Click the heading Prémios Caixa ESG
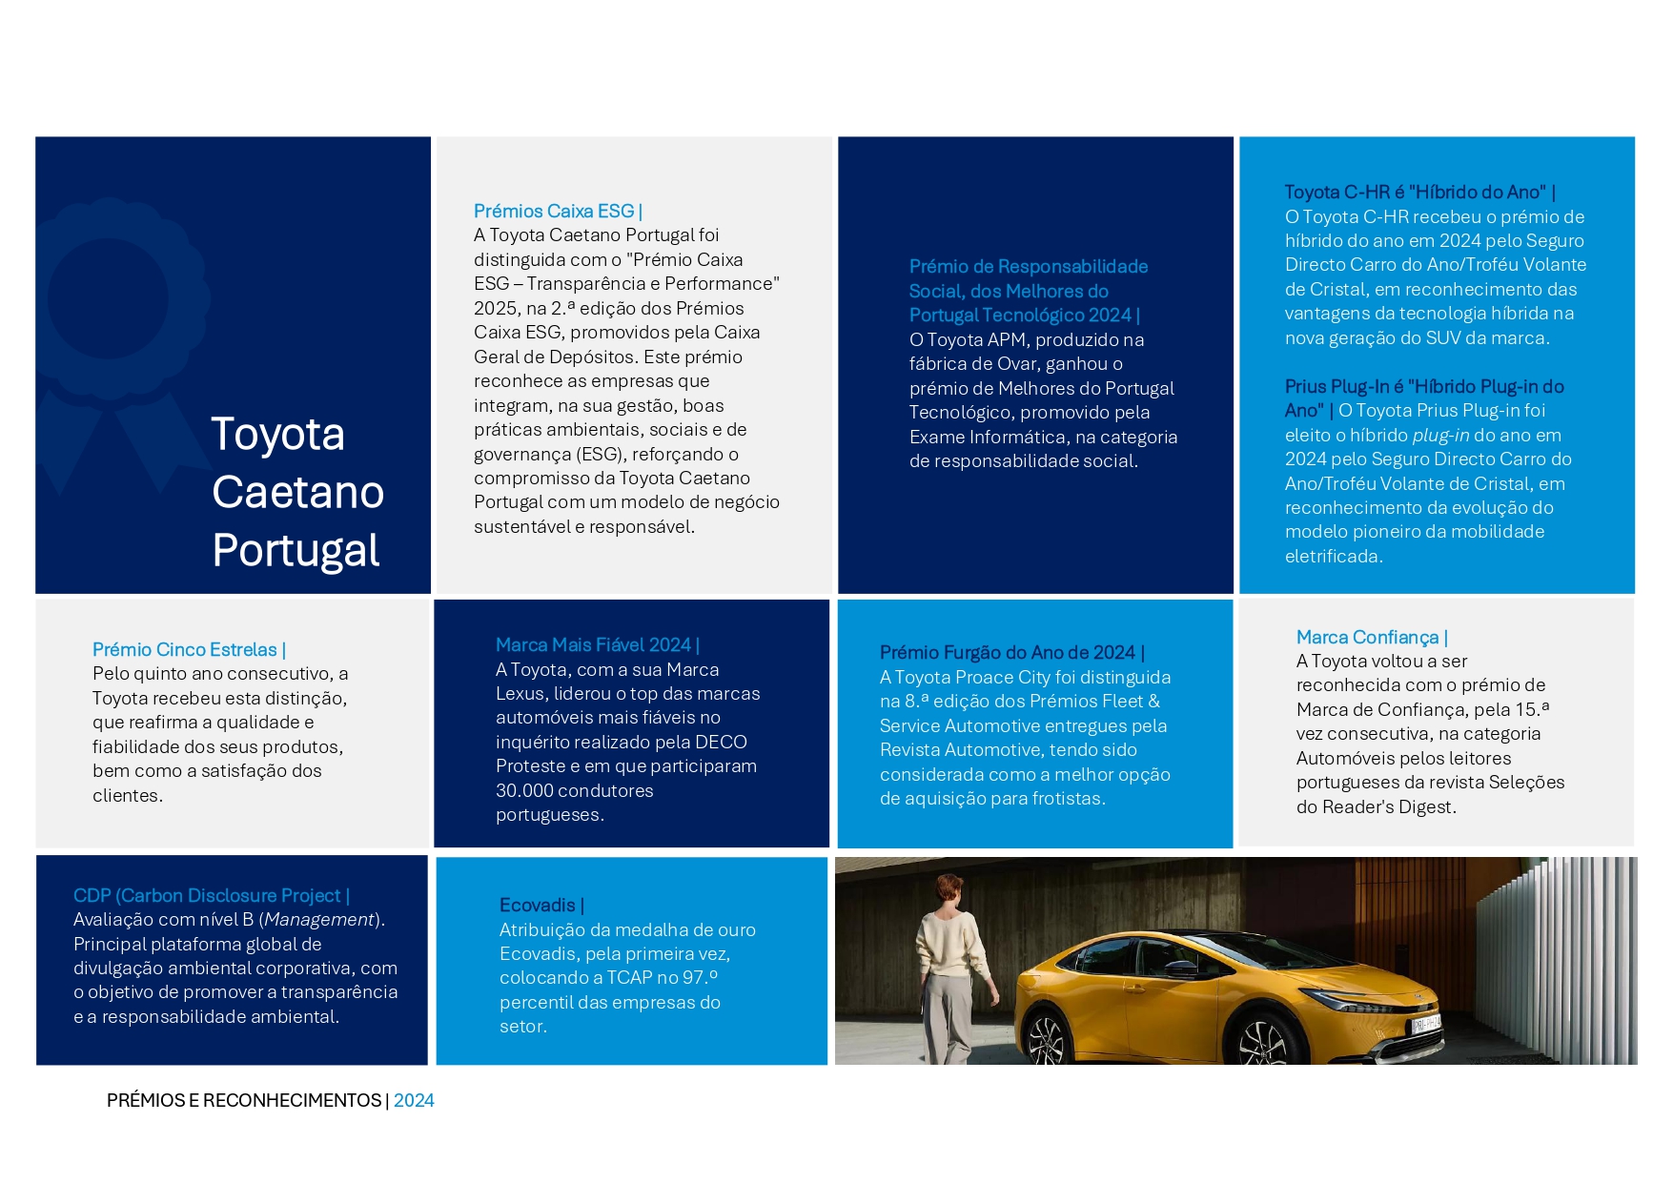(555, 212)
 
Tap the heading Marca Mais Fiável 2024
(594, 645)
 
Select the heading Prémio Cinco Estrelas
(185, 650)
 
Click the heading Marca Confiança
(1367, 638)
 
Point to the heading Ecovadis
(538, 906)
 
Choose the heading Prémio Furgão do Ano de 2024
(1008, 653)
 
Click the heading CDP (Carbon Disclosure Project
(207, 896)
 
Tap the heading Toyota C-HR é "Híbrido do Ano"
(1415, 193)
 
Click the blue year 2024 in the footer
(414, 1101)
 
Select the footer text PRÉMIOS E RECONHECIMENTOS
(244, 1101)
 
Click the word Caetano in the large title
(297, 493)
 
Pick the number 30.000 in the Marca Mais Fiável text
(527, 791)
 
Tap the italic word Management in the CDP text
(319, 920)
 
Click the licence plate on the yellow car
(1426, 1024)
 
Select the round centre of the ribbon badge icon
(108, 299)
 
